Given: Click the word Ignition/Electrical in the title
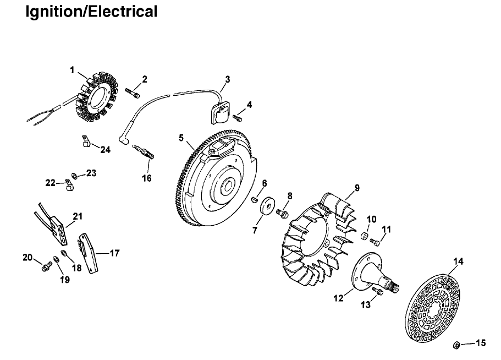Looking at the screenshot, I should [x=91, y=11].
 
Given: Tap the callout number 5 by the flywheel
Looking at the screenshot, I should [x=181, y=138].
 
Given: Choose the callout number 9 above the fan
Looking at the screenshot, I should [x=357, y=188].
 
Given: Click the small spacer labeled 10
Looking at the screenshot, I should [x=364, y=237].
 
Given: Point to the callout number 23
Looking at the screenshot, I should [x=91, y=173].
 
